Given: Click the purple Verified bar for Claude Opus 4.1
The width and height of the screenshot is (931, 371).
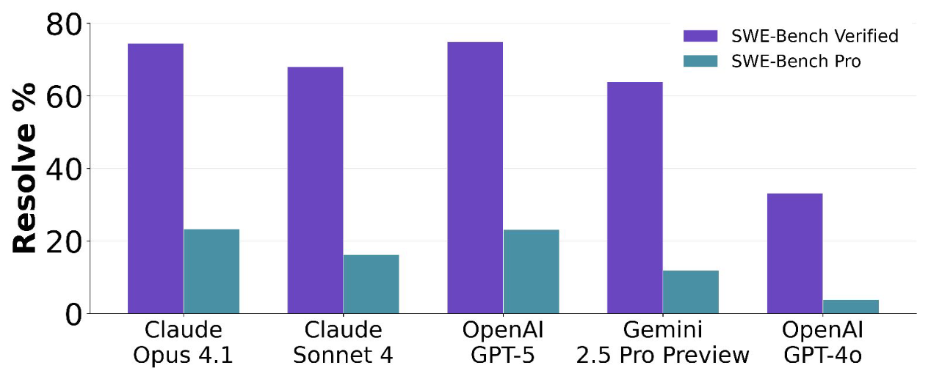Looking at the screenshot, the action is point(156,178).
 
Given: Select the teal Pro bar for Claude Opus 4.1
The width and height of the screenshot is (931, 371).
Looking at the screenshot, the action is point(211,271).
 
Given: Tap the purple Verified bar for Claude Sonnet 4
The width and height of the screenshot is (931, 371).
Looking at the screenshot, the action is point(316,190).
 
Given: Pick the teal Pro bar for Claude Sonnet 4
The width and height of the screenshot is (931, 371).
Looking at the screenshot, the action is point(372,284).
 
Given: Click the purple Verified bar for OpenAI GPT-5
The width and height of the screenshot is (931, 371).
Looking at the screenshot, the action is point(475,177).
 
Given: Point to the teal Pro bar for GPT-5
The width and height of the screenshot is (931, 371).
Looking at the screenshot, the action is point(531,271).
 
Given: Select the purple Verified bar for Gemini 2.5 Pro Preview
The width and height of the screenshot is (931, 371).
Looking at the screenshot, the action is point(635,197).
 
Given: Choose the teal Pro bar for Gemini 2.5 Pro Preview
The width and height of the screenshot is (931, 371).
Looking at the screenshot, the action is point(691,292).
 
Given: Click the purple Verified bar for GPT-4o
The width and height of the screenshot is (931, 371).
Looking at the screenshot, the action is point(794,254).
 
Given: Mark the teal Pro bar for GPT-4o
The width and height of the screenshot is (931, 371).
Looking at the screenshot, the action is point(851,306).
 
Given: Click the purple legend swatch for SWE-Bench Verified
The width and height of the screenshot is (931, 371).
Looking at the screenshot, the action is point(700,36).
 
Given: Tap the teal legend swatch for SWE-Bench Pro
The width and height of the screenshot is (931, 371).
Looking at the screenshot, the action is point(700,61).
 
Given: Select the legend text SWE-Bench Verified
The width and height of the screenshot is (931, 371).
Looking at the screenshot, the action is point(815,36).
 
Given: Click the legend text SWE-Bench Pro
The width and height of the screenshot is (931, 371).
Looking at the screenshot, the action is point(796,62).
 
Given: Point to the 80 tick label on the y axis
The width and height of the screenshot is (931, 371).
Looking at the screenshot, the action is point(64,24).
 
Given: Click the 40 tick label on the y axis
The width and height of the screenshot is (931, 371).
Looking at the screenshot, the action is point(64,169).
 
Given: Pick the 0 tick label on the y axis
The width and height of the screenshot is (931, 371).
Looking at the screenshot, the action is point(73,315).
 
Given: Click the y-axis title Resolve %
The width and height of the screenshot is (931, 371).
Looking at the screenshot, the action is point(24,168).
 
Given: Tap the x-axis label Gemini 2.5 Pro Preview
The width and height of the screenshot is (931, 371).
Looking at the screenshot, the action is point(663,343).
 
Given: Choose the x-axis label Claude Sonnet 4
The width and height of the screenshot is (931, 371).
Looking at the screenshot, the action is point(344,343).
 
